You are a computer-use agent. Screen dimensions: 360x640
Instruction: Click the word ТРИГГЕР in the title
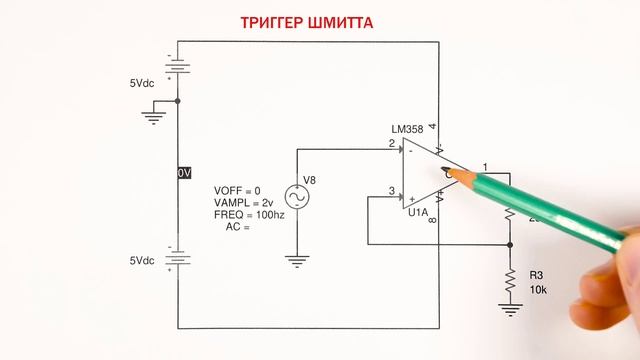tap(275, 22)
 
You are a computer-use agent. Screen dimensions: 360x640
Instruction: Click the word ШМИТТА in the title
tap(342, 22)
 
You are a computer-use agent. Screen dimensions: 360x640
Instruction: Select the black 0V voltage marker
tap(183, 173)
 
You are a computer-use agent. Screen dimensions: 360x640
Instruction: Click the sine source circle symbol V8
tap(298, 196)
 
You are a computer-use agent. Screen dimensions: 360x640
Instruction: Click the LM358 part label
tap(408, 131)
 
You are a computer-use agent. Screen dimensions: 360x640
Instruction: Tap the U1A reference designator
tap(417, 211)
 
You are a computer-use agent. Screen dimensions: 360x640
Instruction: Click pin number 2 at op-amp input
tap(392, 144)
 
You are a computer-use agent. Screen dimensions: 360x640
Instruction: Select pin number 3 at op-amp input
tap(392, 191)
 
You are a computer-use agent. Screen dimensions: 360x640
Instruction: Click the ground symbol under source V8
tap(297, 262)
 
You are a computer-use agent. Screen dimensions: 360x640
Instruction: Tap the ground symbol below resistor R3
tap(510, 311)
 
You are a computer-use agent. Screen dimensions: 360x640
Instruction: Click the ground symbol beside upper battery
tap(153, 117)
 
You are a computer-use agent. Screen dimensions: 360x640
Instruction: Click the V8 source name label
tap(310, 180)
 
